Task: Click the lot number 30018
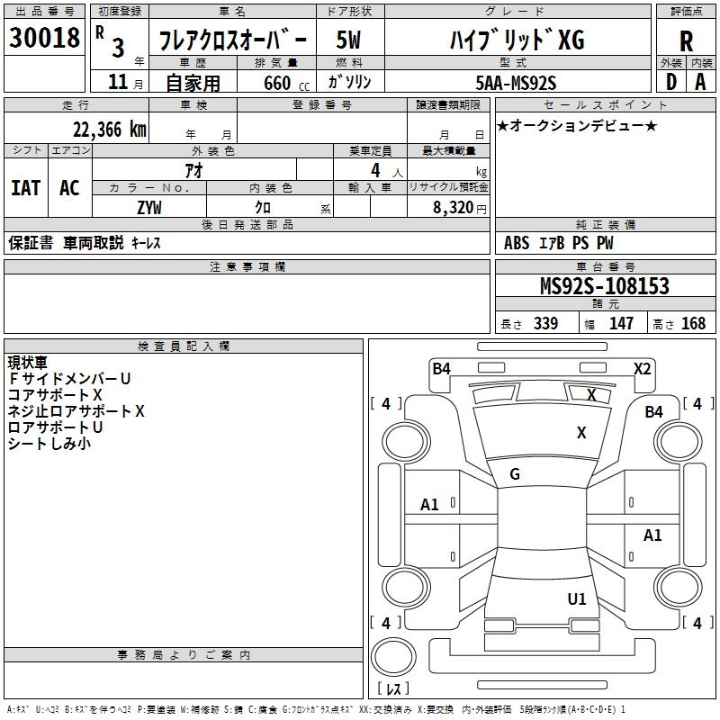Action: coord(44,39)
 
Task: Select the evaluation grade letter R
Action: coord(686,41)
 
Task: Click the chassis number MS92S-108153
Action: coord(605,286)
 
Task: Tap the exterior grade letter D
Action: coord(670,82)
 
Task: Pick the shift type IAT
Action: coord(26,188)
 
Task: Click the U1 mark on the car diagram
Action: coord(577,598)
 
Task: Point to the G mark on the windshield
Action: coord(515,474)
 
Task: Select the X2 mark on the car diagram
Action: coord(642,368)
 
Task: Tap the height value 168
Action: coord(694,324)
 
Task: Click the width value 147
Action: coord(621,324)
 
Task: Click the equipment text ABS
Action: coord(517,243)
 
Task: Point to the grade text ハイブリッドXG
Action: coord(517,40)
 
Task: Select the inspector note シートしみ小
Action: coord(49,444)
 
